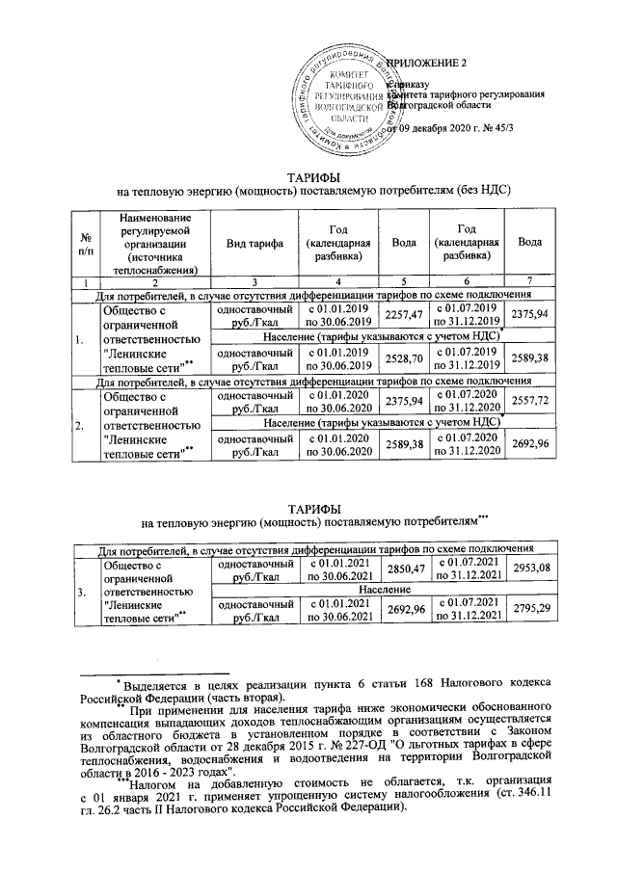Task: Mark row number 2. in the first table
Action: pos(87,422)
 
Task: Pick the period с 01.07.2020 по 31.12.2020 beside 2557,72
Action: pos(467,400)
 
